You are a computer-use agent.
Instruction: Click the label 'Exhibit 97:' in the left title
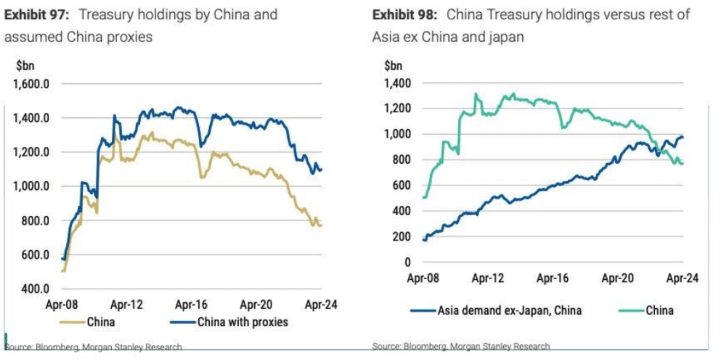(x=37, y=15)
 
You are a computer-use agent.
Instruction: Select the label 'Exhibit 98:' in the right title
(x=404, y=15)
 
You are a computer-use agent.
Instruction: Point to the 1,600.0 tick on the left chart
(x=31, y=84)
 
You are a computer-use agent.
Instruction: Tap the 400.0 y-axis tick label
(x=35, y=289)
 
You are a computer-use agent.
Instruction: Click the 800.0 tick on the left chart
(x=35, y=221)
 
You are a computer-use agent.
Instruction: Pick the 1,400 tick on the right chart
(x=397, y=83)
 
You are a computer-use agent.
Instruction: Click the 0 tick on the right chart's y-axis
(x=407, y=262)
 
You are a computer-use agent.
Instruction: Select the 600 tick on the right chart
(x=401, y=185)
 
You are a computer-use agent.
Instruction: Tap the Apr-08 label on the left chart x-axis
(x=61, y=304)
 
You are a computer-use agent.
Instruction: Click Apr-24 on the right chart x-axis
(x=682, y=278)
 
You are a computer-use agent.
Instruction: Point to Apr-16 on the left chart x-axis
(x=191, y=304)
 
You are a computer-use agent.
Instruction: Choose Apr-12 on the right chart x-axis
(x=488, y=278)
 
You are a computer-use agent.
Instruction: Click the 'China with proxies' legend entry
(x=242, y=322)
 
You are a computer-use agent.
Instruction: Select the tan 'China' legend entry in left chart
(x=101, y=322)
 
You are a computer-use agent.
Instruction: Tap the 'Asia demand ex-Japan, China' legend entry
(x=509, y=311)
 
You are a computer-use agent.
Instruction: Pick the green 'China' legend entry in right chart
(x=660, y=311)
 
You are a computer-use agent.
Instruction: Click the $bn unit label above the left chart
(x=25, y=66)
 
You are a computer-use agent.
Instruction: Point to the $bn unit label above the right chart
(x=393, y=66)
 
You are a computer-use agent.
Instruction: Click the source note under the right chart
(x=461, y=346)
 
